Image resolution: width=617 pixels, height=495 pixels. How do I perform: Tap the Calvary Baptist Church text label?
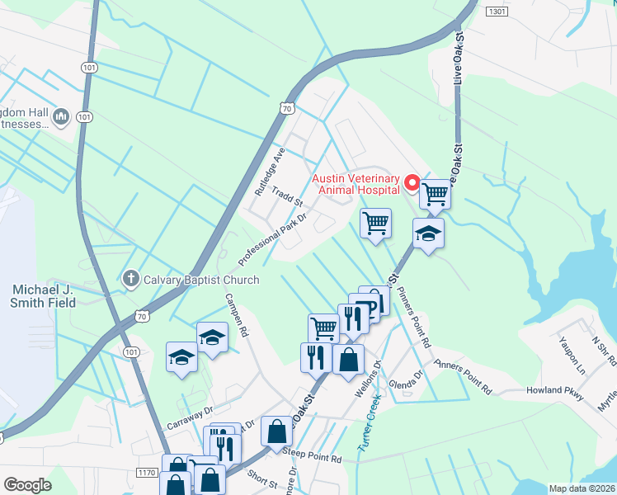[202, 280]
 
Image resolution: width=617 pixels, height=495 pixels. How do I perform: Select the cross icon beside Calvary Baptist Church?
[130, 279]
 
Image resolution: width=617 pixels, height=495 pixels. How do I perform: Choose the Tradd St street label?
[289, 196]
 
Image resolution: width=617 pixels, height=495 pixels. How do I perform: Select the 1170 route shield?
[147, 473]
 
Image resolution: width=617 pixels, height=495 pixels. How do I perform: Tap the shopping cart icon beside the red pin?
[435, 196]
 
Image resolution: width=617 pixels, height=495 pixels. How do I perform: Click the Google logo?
[27, 484]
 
